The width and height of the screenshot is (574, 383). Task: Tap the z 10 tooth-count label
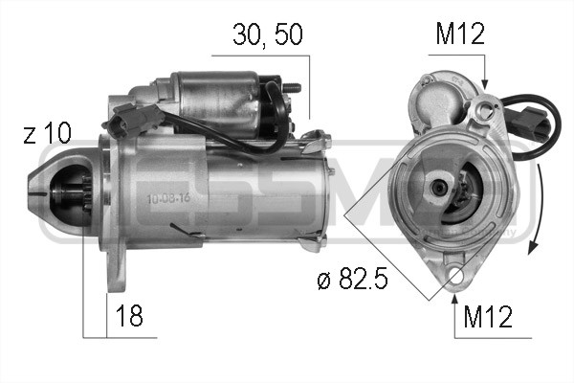pos(46,134)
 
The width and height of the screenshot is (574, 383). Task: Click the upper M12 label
pos(460,35)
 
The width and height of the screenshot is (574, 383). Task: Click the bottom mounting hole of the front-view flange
pos(454,277)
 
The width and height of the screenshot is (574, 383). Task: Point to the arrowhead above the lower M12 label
pos(454,295)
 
